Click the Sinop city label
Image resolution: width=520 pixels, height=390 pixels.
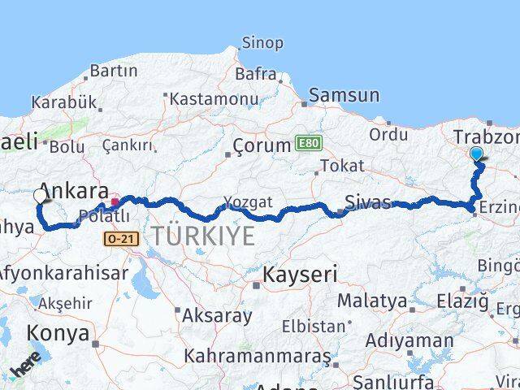pyautogui.click(x=262, y=42)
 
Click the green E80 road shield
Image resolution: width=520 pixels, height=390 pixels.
pyautogui.click(x=309, y=143)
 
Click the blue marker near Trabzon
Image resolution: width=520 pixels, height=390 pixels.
pyautogui.click(x=476, y=154)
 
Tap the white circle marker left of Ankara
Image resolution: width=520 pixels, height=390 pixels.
pyautogui.click(x=40, y=196)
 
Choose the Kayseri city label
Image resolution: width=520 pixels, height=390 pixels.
pyautogui.click(x=299, y=275)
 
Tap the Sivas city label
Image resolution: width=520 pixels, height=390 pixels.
pyautogui.click(x=367, y=202)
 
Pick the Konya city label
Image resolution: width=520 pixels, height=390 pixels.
pyautogui.click(x=58, y=332)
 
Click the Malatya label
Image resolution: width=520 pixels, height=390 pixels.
pyautogui.click(x=372, y=301)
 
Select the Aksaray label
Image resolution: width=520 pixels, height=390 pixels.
pyautogui.click(x=217, y=315)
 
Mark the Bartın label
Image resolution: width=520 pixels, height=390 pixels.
pyautogui.click(x=114, y=71)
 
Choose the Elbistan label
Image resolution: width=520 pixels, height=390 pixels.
pyautogui.click(x=314, y=327)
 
